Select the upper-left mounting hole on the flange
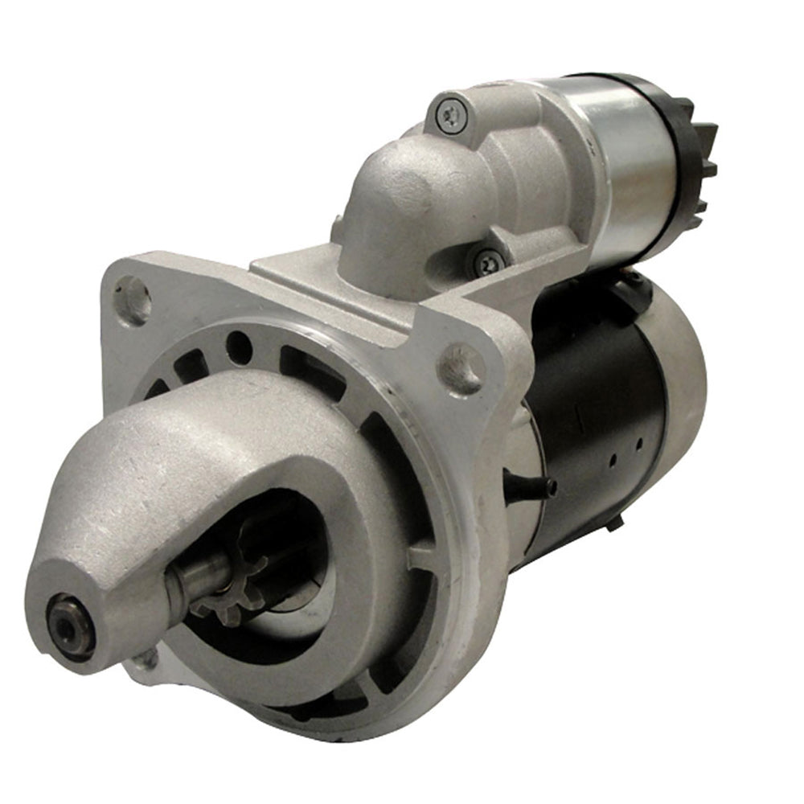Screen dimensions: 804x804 [133, 298]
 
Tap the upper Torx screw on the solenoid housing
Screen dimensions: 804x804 [449, 114]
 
